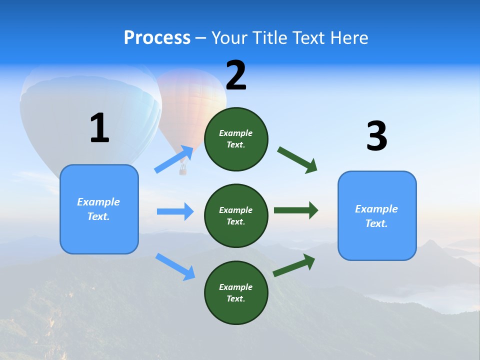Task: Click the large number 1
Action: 99,128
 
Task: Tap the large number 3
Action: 376,136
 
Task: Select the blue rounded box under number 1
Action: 99,209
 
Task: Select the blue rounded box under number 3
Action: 377,216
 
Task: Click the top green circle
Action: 236,139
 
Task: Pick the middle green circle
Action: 236,216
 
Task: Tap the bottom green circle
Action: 236,293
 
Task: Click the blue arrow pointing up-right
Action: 174,159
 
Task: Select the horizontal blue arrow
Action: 175,211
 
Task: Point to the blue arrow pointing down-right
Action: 175,266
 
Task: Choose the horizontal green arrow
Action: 296,210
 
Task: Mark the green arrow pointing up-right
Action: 294,265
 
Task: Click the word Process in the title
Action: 157,37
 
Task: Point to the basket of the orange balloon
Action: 183,171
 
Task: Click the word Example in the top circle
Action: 236,133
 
